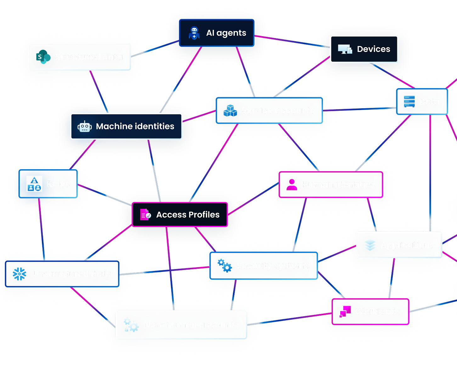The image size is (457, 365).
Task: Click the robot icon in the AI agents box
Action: point(194,33)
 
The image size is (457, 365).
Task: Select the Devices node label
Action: point(373,49)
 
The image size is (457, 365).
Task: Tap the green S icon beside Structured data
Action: point(43,57)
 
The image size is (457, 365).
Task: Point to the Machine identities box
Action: point(126,126)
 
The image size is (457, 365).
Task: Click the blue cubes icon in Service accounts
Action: point(230,111)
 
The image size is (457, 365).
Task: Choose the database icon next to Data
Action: point(409,101)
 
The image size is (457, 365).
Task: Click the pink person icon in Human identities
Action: point(292,185)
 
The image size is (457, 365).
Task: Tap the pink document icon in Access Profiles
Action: point(145,215)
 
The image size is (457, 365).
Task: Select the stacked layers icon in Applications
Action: point(370,245)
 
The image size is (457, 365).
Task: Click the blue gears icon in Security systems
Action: point(225,266)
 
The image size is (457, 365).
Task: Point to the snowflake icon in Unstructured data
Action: point(20,274)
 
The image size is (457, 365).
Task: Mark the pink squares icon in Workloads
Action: point(345,312)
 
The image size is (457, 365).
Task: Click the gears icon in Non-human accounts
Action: point(131,325)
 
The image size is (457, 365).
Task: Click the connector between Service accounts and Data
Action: point(359,109)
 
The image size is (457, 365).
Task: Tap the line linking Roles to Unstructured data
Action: point(42,230)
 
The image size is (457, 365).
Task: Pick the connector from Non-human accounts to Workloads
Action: point(290,318)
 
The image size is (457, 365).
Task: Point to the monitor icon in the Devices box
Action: point(345,49)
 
